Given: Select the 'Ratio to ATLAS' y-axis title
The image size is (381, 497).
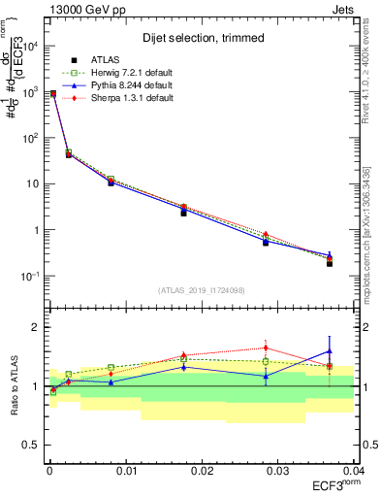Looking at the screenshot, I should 14,385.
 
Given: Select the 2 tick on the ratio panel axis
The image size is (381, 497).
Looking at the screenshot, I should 36,327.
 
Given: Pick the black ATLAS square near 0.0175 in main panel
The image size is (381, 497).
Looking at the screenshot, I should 183,213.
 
